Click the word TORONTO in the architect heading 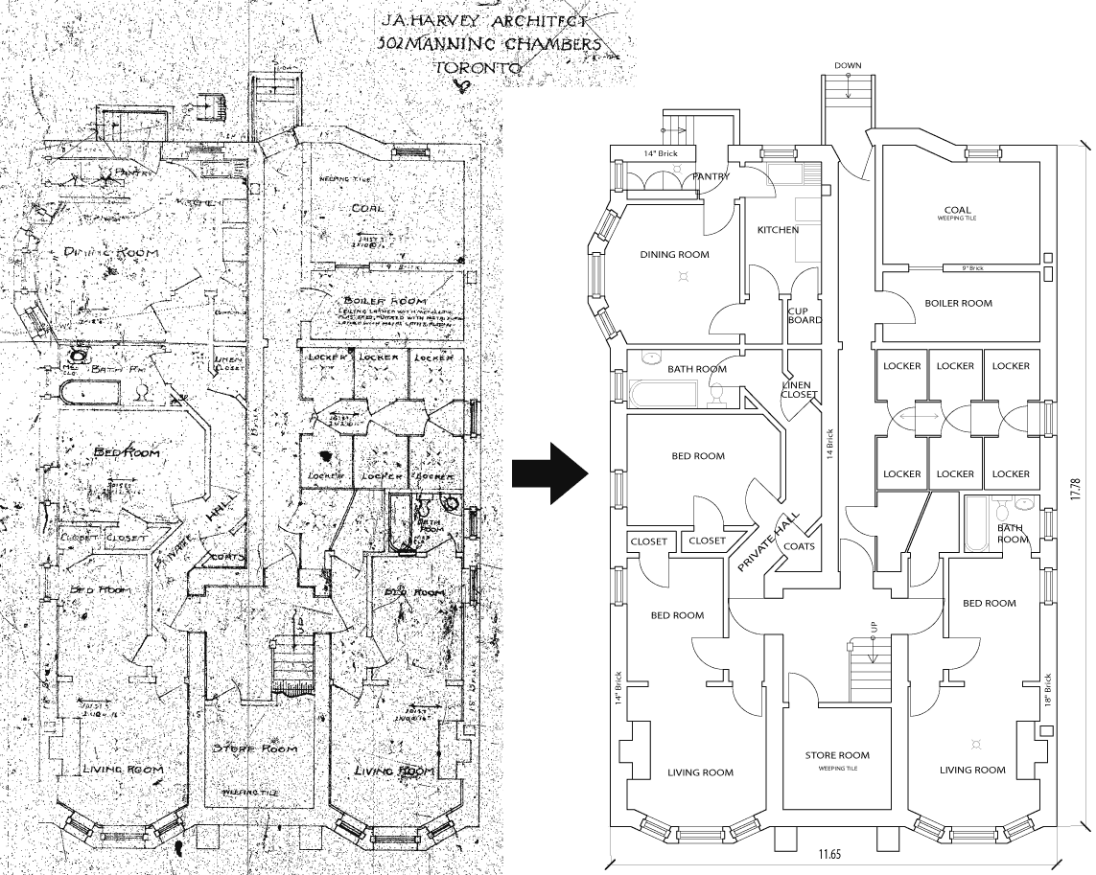[x=477, y=68]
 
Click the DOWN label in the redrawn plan [x=848, y=65]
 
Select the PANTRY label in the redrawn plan [x=711, y=176]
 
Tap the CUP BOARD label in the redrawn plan [x=805, y=315]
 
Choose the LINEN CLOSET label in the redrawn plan [x=800, y=389]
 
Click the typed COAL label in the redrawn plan [x=956, y=210]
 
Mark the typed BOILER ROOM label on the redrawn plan [x=958, y=303]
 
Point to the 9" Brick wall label [x=964, y=268]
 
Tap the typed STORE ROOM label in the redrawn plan [x=837, y=755]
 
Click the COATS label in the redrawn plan [x=799, y=547]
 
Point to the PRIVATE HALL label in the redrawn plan [x=767, y=542]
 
